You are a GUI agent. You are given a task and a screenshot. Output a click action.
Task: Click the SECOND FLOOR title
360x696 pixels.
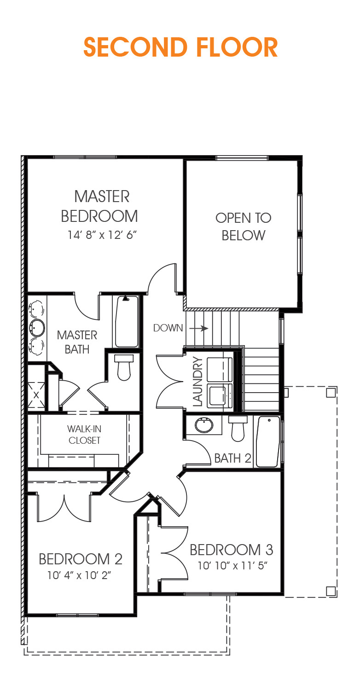[180, 47]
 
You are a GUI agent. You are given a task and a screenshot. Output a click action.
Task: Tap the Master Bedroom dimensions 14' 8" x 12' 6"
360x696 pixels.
[103, 235]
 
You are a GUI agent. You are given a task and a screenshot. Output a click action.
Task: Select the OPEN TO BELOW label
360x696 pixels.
[244, 226]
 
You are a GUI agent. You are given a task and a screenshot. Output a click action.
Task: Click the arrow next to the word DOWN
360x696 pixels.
[198, 328]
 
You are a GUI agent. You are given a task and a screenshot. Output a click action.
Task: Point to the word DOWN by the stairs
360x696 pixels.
[168, 328]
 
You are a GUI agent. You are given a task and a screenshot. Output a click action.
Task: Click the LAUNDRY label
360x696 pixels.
[197, 382]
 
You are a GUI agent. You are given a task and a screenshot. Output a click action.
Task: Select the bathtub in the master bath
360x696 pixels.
[127, 321]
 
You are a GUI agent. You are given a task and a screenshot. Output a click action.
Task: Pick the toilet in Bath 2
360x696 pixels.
[238, 428]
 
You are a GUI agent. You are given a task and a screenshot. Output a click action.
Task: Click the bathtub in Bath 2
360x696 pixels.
[267, 441]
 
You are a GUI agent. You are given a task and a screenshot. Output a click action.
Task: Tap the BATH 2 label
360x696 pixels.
[233, 458]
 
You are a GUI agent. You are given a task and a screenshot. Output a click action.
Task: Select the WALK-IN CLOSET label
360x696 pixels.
[84, 435]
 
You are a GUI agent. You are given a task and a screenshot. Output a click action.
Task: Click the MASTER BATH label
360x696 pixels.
[77, 342]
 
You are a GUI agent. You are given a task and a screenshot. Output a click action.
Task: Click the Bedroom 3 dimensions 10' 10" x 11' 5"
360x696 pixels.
[232, 565]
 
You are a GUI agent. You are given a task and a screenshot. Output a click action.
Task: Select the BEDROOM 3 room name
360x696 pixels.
[232, 550]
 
